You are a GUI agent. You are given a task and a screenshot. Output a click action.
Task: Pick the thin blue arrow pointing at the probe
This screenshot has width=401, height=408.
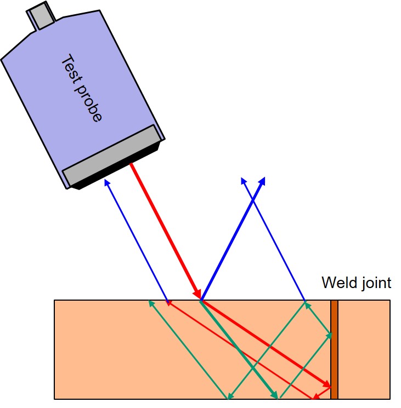pyautogui.click(x=137, y=242)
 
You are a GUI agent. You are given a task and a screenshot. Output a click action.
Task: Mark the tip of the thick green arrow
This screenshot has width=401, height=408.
pyautogui.click(x=276, y=396)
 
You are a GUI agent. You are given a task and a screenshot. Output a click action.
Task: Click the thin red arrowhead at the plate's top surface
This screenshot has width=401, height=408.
pyautogui.click(x=170, y=302)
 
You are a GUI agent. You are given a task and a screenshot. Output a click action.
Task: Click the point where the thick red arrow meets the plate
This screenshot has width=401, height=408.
pyautogui.click(x=201, y=300)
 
